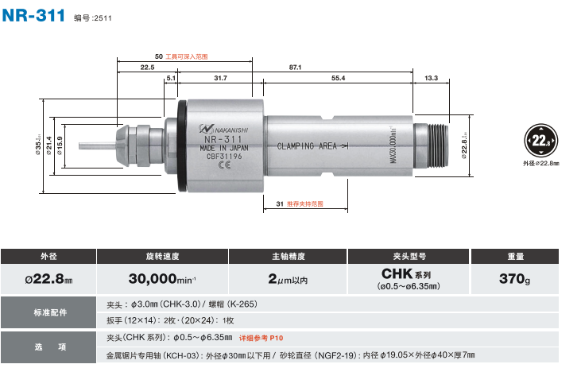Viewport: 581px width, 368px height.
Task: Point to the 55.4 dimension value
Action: coord(339,78)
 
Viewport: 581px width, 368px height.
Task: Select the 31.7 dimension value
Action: coord(220,78)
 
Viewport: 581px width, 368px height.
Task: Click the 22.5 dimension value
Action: coord(147,67)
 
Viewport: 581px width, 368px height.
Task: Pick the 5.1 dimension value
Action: coord(170,78)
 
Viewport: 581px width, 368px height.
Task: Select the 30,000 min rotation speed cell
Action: coord(163,279)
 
